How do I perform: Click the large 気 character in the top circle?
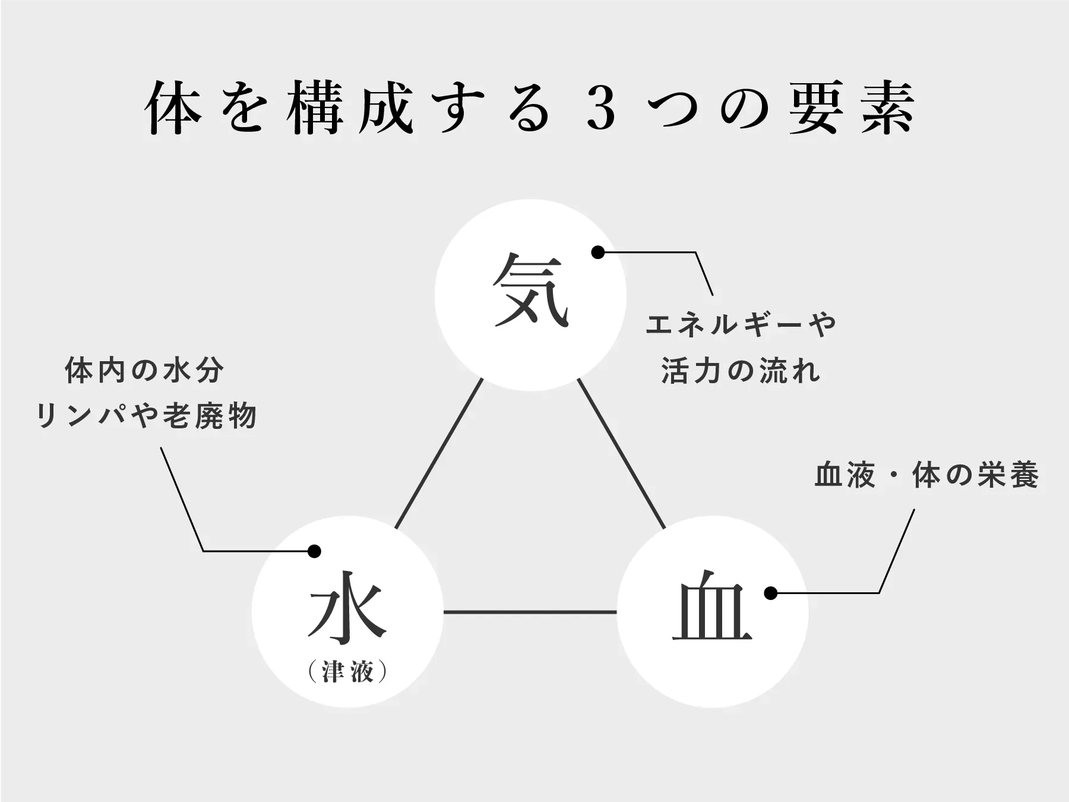coord(530,291)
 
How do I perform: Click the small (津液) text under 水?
coord(348,672)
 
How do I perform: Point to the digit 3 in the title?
coord(602,111)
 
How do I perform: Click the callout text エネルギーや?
coord(741,325)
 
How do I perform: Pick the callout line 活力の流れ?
coord(741,371)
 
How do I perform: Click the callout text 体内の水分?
coord(145,371)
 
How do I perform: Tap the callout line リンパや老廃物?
coord(147,415)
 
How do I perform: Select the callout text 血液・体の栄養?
coord(926,476)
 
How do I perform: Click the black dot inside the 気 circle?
coord(598,252)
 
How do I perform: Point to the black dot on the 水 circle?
coord(314,551)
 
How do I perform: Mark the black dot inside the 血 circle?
coord(771,593)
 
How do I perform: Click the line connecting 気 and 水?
coord(438,454)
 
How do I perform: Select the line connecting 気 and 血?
coord(621,454)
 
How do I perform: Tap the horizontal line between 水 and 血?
coord(530,612)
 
